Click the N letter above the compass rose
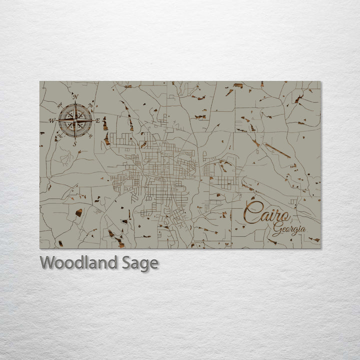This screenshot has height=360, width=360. [75, 97]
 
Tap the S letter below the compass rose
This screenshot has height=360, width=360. [75, 144]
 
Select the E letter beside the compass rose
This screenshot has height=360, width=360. [98, 120]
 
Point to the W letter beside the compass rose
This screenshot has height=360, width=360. [52, 120]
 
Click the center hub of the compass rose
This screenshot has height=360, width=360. [75, 120]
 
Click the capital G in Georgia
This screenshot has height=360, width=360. [276, 230]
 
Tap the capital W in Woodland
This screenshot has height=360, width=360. [48, 262]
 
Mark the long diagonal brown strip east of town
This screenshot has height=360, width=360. [277, 150]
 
